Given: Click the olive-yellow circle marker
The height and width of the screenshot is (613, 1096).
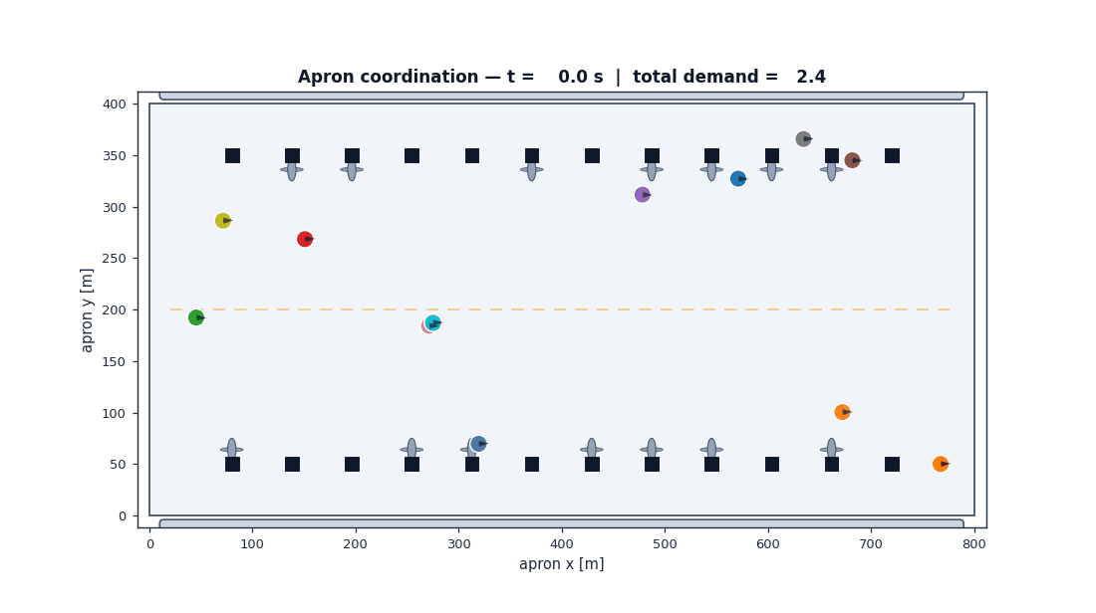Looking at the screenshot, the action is pos(222,221).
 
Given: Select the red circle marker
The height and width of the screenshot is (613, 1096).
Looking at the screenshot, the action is pos(304,239).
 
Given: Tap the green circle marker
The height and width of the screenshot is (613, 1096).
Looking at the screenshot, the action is pos(195,317).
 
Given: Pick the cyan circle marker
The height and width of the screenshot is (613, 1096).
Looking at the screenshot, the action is pos(432,322).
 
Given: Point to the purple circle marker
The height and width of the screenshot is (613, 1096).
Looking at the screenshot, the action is pos(642,195).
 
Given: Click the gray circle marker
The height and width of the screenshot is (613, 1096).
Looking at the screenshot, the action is pos(803,139).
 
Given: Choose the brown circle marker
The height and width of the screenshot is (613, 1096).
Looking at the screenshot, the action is pos(851,160).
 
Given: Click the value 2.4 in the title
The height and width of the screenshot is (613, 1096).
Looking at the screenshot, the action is pos(811,77).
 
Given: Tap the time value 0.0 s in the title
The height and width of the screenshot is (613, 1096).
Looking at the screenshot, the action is pos(580,77).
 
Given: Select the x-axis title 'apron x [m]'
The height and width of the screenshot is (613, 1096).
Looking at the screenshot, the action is pos(561,564).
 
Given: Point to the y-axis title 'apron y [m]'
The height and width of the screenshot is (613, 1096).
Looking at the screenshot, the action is pos(87,310).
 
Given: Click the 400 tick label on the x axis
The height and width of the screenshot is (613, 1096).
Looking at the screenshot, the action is pos(561,544).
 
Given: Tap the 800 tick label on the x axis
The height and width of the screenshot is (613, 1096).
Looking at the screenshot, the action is pos(973,544).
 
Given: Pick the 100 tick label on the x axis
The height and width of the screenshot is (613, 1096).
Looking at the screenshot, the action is pos(252,544).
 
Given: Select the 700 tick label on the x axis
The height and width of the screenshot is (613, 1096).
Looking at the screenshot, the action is pos(871,544).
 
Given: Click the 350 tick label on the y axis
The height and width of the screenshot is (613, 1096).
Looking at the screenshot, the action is pos(115,155).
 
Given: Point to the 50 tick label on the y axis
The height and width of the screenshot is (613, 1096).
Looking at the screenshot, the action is pos(119,465).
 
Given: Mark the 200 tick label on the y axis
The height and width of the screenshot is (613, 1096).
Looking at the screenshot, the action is pos(115,310).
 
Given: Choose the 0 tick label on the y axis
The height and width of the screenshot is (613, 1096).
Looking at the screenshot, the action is pos(123,515).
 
